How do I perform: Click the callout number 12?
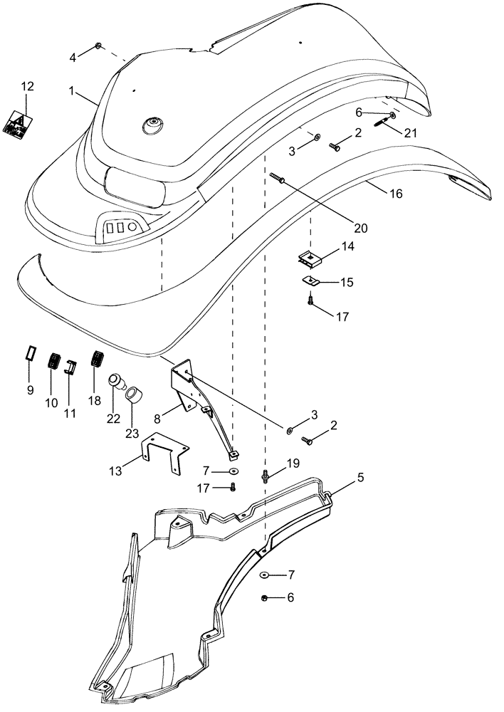point(26,86)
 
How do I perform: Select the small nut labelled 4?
point(99,46)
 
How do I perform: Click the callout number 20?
point(360,229)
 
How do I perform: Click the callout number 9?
point(30,390)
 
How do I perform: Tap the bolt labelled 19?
point(265,476)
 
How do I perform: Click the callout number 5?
point(360,478)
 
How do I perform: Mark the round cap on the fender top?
point(152,125)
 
